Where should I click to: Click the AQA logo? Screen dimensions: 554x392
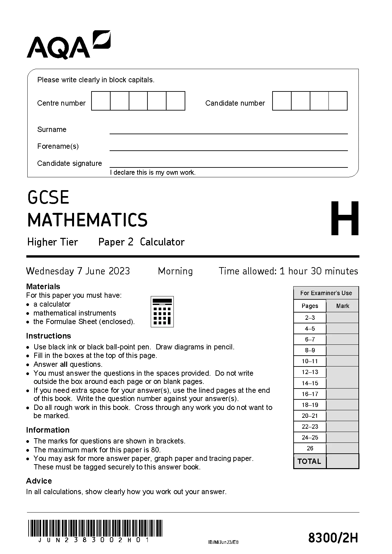pyautogui.click(x=68, y=45)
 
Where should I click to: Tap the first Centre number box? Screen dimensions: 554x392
pyautogui.click(x=101, y=101)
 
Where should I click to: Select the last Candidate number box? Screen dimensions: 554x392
pyautogui.click(x=338, y=101)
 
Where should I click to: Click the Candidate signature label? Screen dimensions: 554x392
pyautogui.click(x=69, y=163)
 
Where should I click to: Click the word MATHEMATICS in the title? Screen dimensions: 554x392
pyautogui.click(x=88, y=220)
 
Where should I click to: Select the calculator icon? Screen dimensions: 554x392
pyautogui.click(x=162, y=312)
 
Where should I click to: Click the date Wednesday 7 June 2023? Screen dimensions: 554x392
pyautogui.click(x=78, y=271)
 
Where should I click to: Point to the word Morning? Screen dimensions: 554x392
pyautogui.click(x=175, y=271)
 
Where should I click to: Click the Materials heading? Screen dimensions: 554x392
pyautogui.click(x=43, y=287)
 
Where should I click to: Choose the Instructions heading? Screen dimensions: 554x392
pyautogui.click(x=48, y=336)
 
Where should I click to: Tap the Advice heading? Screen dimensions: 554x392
pyautogui.click(x=39, y=481)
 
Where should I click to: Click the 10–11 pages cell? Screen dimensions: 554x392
pyautogui.click(x=310, y=361)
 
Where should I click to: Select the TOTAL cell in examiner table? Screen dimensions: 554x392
pyautogui.click(x=309, y=461)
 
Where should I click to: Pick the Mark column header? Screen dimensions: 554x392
pyautogui.click(x=342, y=306)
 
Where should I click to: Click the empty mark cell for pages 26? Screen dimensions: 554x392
pyautogui.click(x=342, y=448)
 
